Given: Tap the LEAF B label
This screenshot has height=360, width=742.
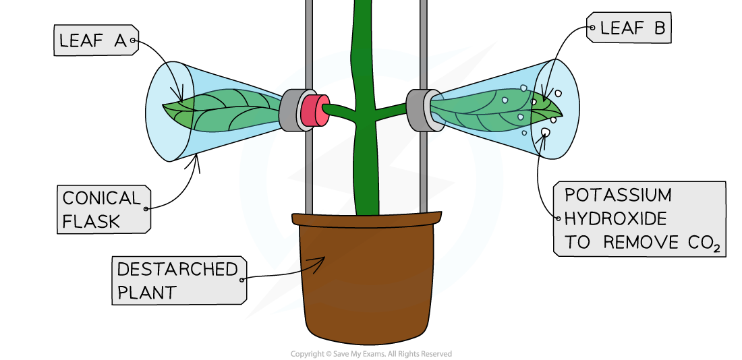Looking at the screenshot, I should (630, 28).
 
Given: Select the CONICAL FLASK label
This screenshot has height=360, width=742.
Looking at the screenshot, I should (103, 209).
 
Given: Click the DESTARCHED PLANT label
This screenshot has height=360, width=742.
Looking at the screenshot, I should (178, 280).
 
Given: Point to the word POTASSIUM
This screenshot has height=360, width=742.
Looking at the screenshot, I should (618, 196).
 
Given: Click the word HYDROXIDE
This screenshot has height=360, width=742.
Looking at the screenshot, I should (615, 219).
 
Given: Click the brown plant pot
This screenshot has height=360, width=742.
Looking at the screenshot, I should (367, 283).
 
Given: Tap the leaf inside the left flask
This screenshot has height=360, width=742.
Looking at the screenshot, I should (223, 111).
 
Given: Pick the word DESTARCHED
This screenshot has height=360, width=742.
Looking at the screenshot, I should (177, 270).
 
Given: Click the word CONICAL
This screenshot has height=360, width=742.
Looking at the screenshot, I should (101, 198).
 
